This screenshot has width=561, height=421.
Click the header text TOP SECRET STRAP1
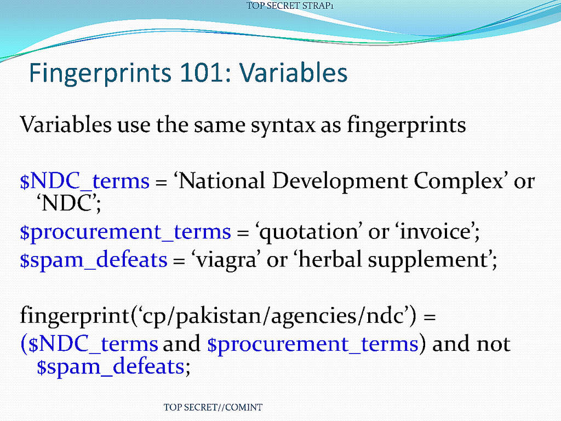pos(290,5)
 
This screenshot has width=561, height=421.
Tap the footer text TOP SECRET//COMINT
pos(213,407)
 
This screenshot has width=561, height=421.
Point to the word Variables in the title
pos(294,73)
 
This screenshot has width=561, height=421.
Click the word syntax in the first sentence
pos(283,126)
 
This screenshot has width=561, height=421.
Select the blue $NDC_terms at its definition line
pos(84,181)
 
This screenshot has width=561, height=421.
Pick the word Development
pos(340,181)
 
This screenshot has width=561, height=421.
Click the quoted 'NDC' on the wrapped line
pos(67,203)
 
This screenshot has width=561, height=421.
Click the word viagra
pos(226,260)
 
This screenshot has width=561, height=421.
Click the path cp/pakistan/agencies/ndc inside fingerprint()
pos(274,316)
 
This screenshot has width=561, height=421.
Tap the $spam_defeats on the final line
pos(110,367)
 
